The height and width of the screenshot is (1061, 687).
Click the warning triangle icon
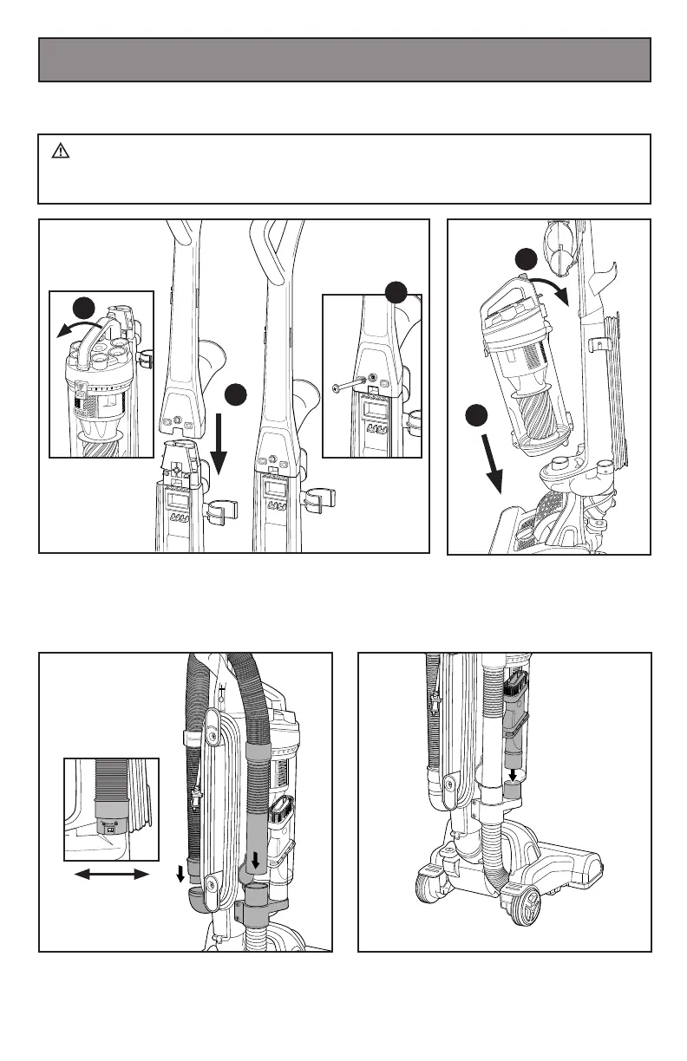click(x=60, y=152)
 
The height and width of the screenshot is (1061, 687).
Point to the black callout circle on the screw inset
click(x=396, y=291)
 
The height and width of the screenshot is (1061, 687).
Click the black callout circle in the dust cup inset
click(x=83, y=307)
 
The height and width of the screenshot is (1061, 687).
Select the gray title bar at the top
click(x=344, y=60)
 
